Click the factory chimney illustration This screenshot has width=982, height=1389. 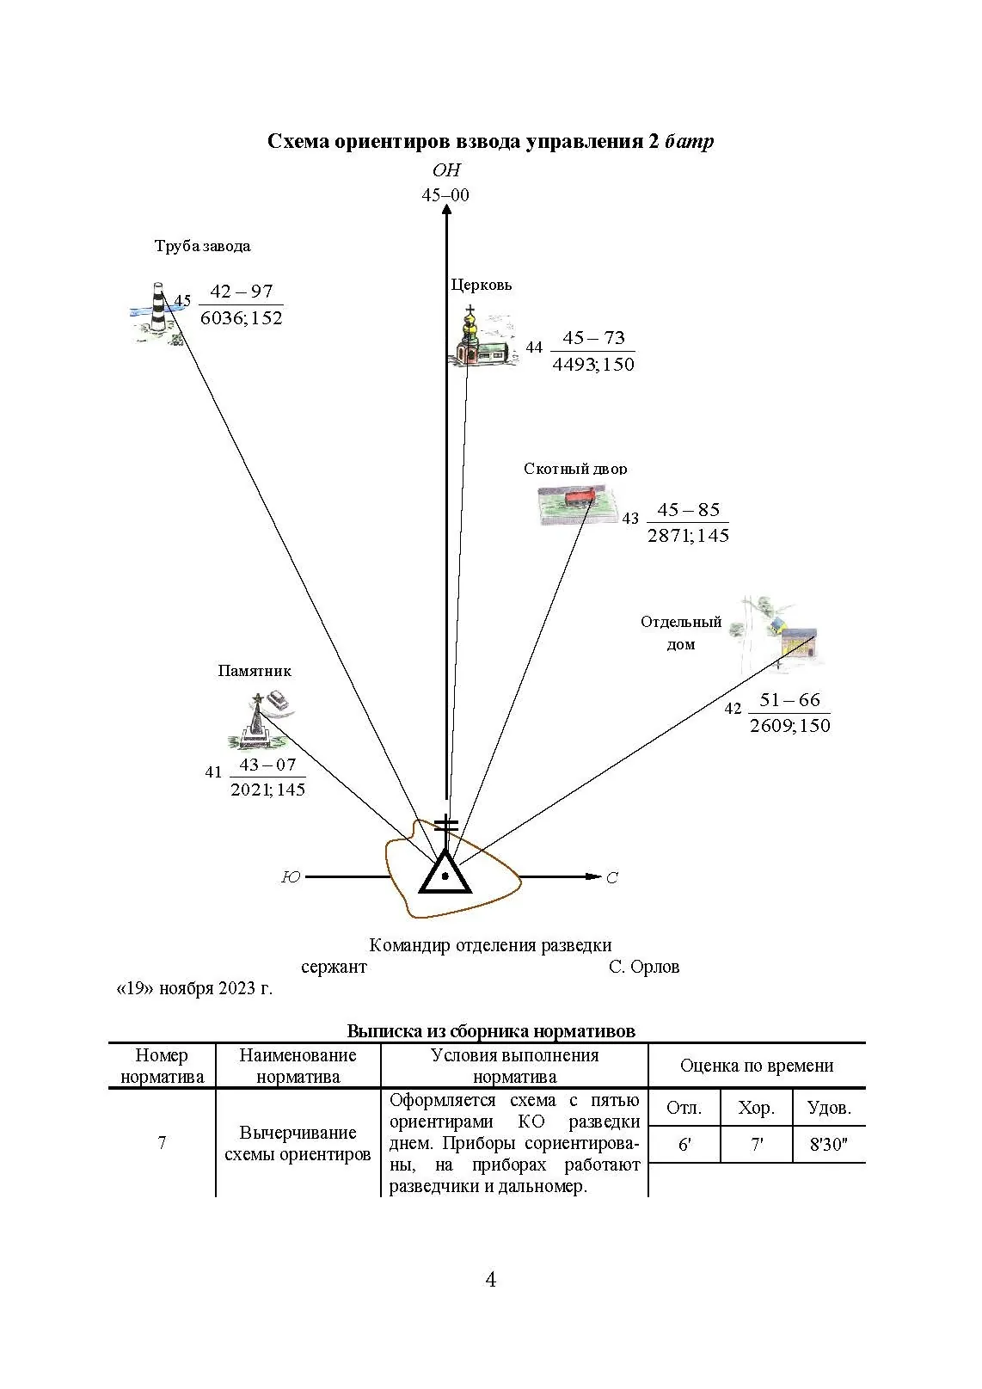click(157, 310)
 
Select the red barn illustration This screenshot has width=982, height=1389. click(579, 501)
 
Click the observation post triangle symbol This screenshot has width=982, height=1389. click(445, 872)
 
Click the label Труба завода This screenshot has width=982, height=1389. click(203, 246)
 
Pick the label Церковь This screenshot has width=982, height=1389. click(482, 285)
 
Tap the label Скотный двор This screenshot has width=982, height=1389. click(575, 469)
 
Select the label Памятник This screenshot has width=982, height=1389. click(255, 671)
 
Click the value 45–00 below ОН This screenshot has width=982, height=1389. click(445, 195)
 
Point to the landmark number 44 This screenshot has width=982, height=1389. click(534, 347)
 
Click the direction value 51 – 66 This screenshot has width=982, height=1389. click(790, 699)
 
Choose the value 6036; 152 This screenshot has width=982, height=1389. click(242, 318)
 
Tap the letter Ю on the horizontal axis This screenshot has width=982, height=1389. click(292, 877)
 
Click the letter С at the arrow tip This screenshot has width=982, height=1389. click(612, 878)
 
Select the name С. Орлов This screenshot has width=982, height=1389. click(644, 967)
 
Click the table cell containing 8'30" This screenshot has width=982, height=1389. click(829, 1146)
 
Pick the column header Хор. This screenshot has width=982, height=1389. click(756, 1108)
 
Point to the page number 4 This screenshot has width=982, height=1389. click(491, 1280)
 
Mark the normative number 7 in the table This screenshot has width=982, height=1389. click(162, 1143)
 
